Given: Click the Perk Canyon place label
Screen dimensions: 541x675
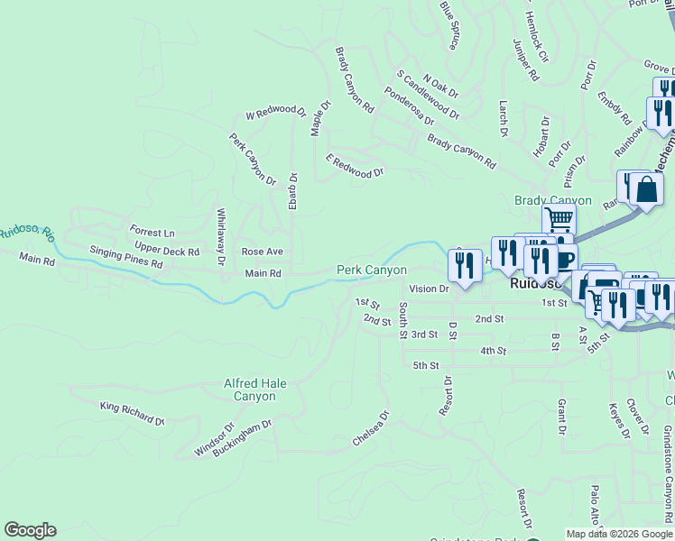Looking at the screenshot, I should (x=372, y=270).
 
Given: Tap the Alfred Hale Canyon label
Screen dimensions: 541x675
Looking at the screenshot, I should (x=254, y=390).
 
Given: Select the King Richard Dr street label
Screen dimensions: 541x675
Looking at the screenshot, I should (x=133, y=414).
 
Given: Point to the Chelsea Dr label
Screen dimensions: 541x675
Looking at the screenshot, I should (x=371, y=430).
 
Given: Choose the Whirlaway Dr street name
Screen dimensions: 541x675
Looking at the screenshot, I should (x=221, y=237).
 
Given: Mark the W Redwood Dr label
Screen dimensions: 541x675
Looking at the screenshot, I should (x=276, y=113).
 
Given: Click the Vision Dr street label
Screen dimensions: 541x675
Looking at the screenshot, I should (x=429, y=289).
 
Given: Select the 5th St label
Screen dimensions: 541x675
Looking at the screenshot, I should (x=426, y=365).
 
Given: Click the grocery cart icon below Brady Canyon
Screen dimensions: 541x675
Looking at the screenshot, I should (x=559, y=219).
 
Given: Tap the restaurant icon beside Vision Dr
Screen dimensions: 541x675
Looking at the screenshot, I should (x=465, y=265).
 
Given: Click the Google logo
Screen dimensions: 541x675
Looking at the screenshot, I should (x=30, y=530).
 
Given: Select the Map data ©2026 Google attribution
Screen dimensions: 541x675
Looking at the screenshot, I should (x=618, y=534).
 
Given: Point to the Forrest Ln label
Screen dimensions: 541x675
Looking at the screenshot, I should (x=152, y=233).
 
